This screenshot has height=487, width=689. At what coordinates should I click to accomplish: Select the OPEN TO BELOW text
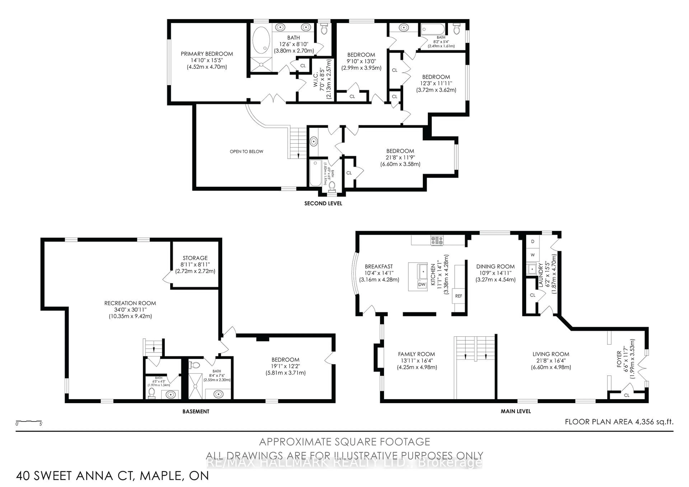coord(246,151)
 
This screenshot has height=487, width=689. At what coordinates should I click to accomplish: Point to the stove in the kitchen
coord(437,240)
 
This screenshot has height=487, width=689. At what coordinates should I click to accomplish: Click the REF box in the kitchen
coord(459,296)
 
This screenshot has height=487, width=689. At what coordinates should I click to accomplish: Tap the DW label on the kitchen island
coord(422,284)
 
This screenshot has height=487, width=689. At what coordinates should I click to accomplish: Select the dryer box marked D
coord(533,242)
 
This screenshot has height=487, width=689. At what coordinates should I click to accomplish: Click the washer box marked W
coord(533,255)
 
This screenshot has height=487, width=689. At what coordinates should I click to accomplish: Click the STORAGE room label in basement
coord(195,258)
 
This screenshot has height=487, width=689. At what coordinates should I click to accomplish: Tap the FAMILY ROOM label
coord(416,354)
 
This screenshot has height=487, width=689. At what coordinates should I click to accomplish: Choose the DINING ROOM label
coord(495,266)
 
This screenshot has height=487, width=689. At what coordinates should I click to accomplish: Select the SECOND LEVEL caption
coord(323,203)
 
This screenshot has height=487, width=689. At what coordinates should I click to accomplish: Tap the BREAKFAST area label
coord(379,266)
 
